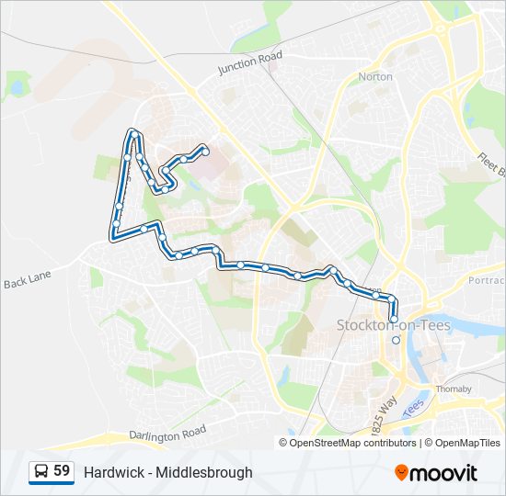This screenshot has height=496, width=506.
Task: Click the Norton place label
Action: pos(375,77)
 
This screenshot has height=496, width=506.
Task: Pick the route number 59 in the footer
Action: pos(62,471)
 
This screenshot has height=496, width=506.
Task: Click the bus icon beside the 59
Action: pos(41,472)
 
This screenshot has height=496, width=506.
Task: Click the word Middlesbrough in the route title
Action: pos(203,473)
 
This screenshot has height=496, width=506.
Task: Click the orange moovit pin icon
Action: pos(402,473)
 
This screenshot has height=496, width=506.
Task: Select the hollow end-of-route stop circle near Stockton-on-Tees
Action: pos(397,340)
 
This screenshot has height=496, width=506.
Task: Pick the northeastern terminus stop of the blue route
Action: pos(205,151)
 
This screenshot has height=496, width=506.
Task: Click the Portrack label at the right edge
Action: pos(487,280)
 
